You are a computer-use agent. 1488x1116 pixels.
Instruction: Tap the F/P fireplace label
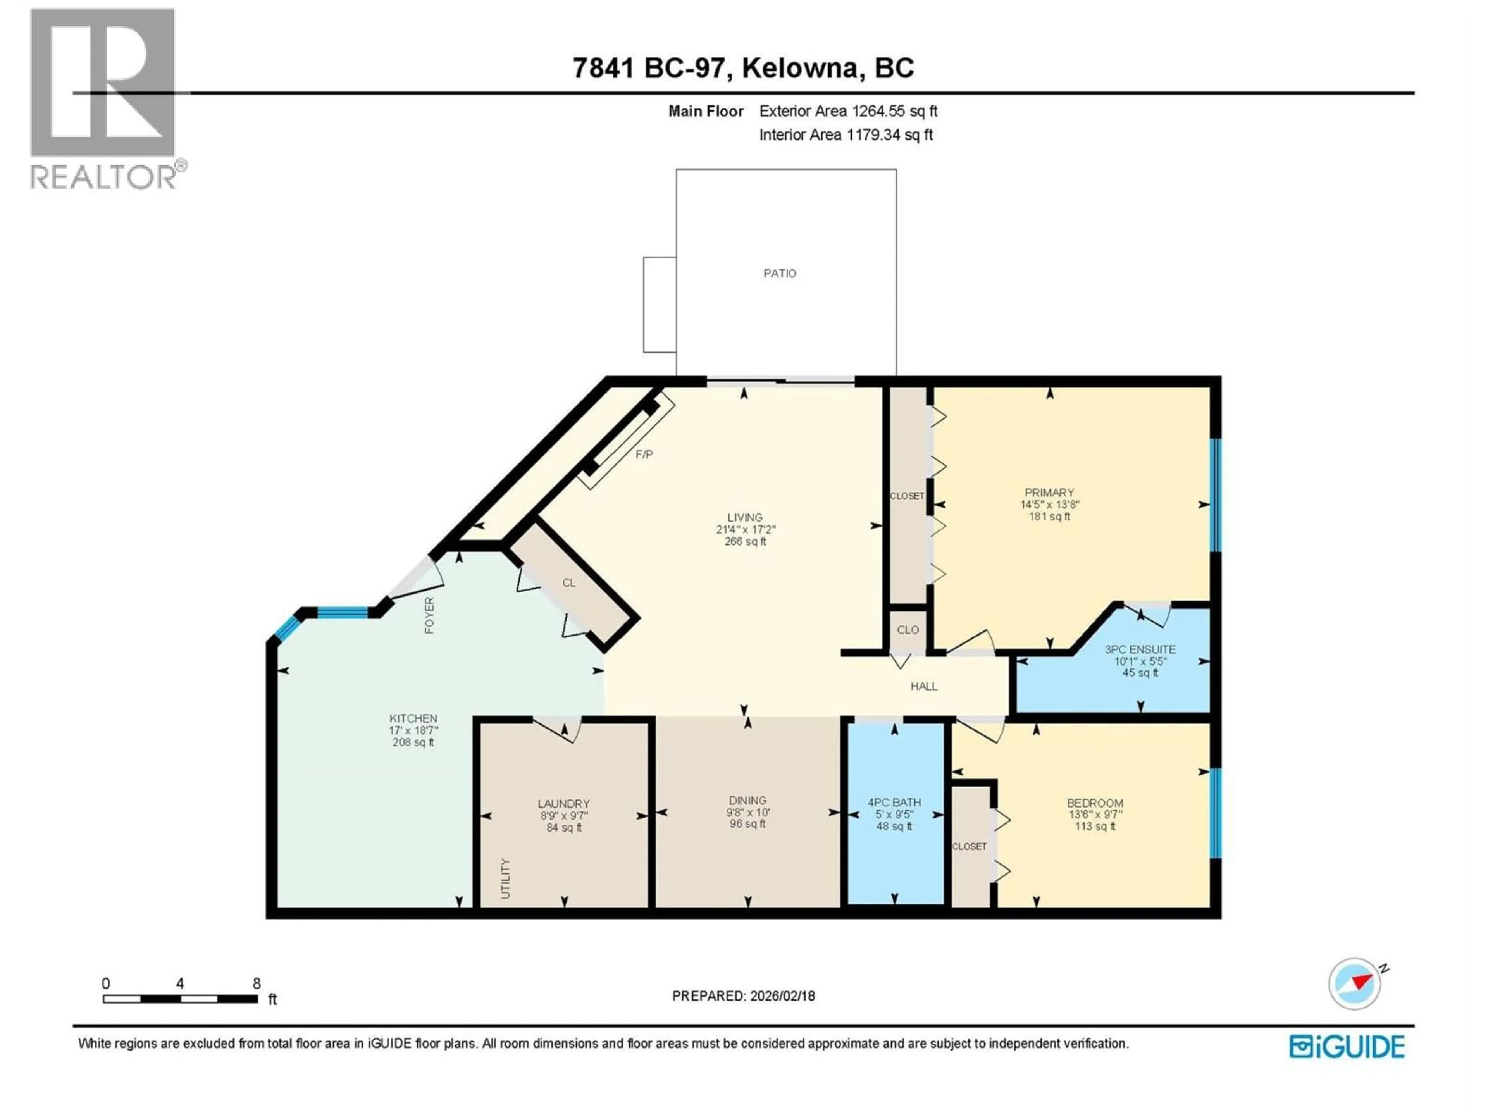pos(644,455)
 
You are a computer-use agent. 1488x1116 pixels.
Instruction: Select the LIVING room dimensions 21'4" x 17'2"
pos(745,529)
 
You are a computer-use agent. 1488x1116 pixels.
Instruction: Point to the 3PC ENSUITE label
pos(1140,649)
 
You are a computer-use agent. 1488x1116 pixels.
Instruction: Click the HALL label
pos(924,686)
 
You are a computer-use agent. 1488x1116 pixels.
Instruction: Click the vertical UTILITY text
pos(506,878)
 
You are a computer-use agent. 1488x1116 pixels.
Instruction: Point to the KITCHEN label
pos(413,718)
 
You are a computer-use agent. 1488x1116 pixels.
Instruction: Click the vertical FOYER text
pos(429,615)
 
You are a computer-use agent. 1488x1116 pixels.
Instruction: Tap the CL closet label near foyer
pos(568,582)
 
